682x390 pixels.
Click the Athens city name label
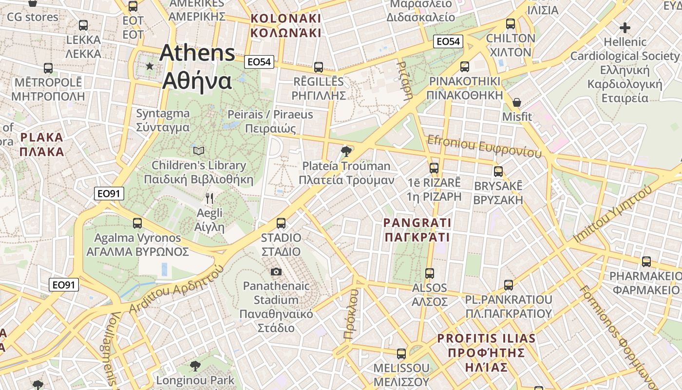[x=197, y=67]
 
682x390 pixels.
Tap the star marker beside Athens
[x=150, y=66]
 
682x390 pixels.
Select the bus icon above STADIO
[x=281, y=223]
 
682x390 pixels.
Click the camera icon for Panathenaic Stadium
[x=276, y=272]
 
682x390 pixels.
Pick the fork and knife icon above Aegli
[x=209, y=198]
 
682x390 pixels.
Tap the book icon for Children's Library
[x=199, y=151]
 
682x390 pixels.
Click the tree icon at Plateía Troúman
[x=346, y=151]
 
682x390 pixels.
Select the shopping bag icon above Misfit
[x=517, y=102]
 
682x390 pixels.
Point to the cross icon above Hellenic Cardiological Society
[x=625, y=28]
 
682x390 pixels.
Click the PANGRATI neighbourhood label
[x=417, y=230]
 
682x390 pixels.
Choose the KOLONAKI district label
[x=285, y=26]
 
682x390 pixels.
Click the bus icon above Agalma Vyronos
[x=137, y=223]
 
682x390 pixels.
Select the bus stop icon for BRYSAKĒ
[x=498, y=172]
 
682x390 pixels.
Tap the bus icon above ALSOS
[x=429, y=273]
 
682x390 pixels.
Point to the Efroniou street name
[x=484, y=147]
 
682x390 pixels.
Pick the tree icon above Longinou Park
[x=195, y=366]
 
